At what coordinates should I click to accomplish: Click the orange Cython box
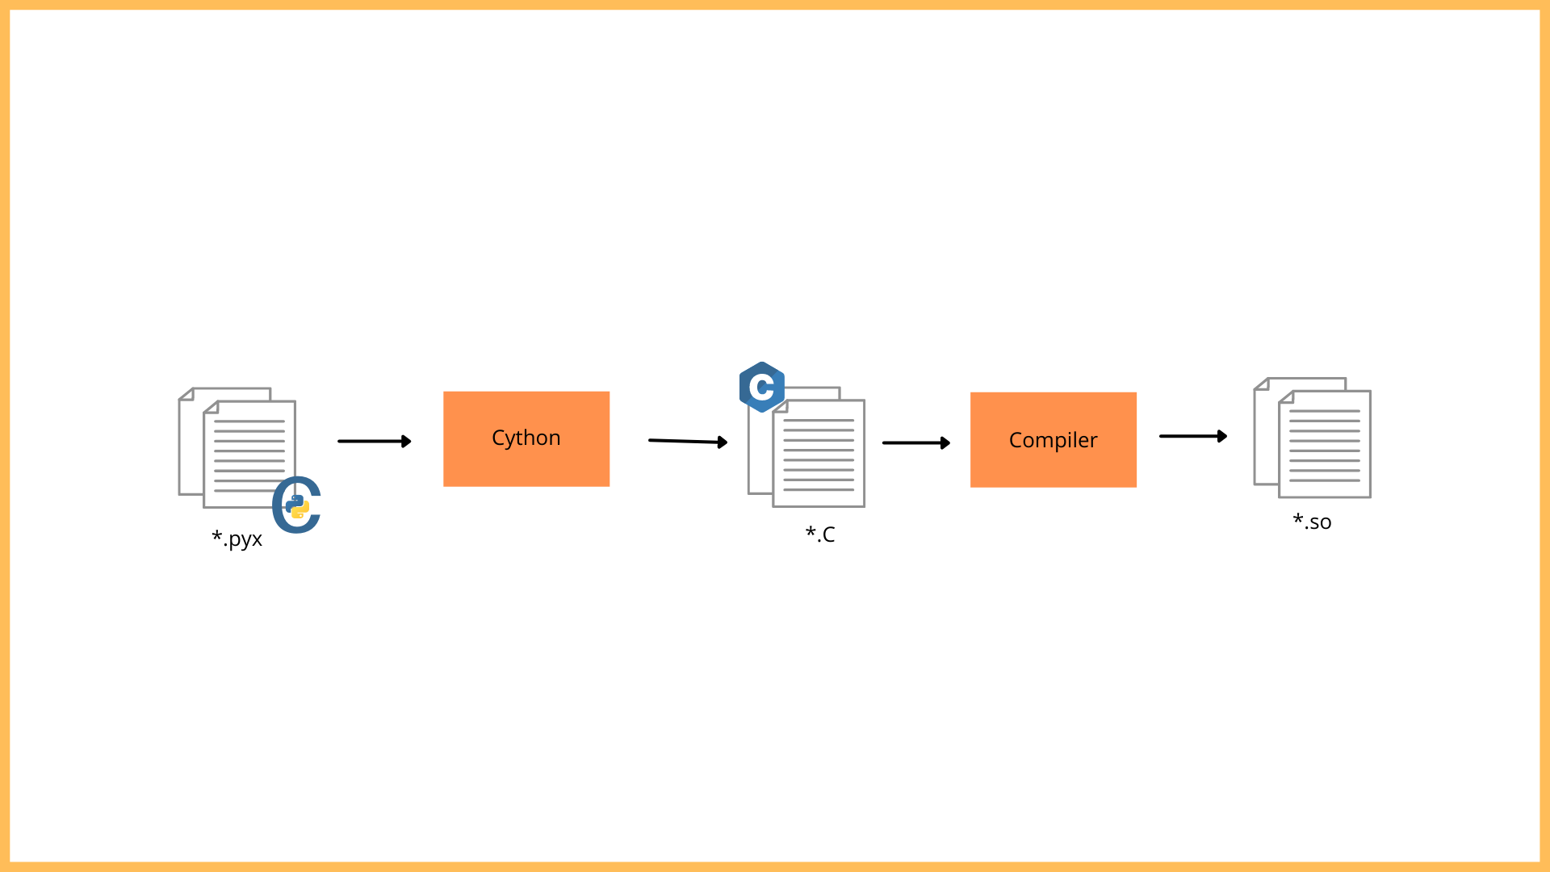coord(526,439)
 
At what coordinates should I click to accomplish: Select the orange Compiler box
coord(1054,440)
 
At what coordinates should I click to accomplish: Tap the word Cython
coord(526,438)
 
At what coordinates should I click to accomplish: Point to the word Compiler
coord(1054,440)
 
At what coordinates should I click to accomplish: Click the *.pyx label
coord(237,539)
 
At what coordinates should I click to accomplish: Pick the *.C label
coord(820,534)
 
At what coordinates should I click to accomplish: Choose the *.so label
coord(1312,522)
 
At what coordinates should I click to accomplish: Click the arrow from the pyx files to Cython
coord(375,442)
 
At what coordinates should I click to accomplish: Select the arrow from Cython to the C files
coord(688,441)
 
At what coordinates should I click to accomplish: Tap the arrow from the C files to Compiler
coord(916,443)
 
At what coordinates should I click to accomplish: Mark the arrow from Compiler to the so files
coord(1193,436)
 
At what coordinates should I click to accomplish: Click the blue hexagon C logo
coord(762,388)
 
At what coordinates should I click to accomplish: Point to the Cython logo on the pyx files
coord(297,505)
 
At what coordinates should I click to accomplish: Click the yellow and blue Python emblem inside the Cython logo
coord(297,506)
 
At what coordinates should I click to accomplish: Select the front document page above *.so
coord(1325,444)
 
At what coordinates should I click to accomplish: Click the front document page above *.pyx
coord(249,454)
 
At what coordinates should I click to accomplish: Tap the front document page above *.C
coord(819,453)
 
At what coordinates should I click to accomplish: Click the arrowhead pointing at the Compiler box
coord(945,443)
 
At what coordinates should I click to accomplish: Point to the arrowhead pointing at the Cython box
coord(407,442)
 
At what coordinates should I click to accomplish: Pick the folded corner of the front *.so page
coord(1286,397)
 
